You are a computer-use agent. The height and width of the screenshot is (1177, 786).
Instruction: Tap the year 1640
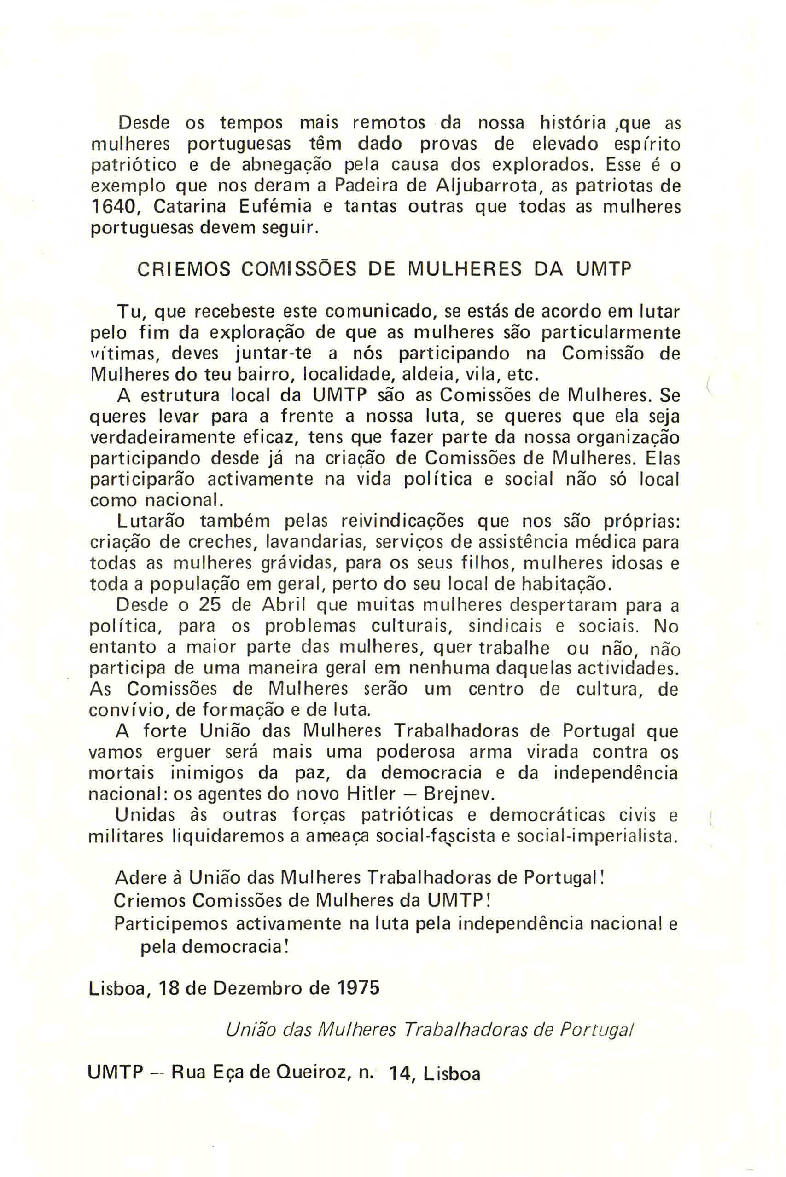point(110,207)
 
